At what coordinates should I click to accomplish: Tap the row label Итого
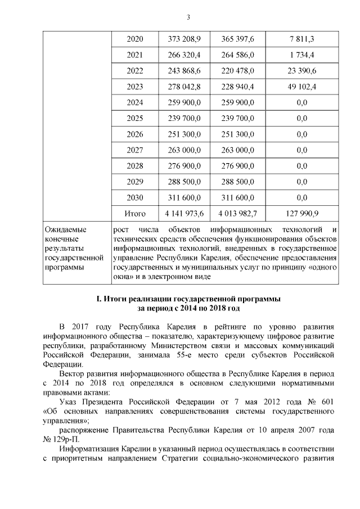coord(135,214)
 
